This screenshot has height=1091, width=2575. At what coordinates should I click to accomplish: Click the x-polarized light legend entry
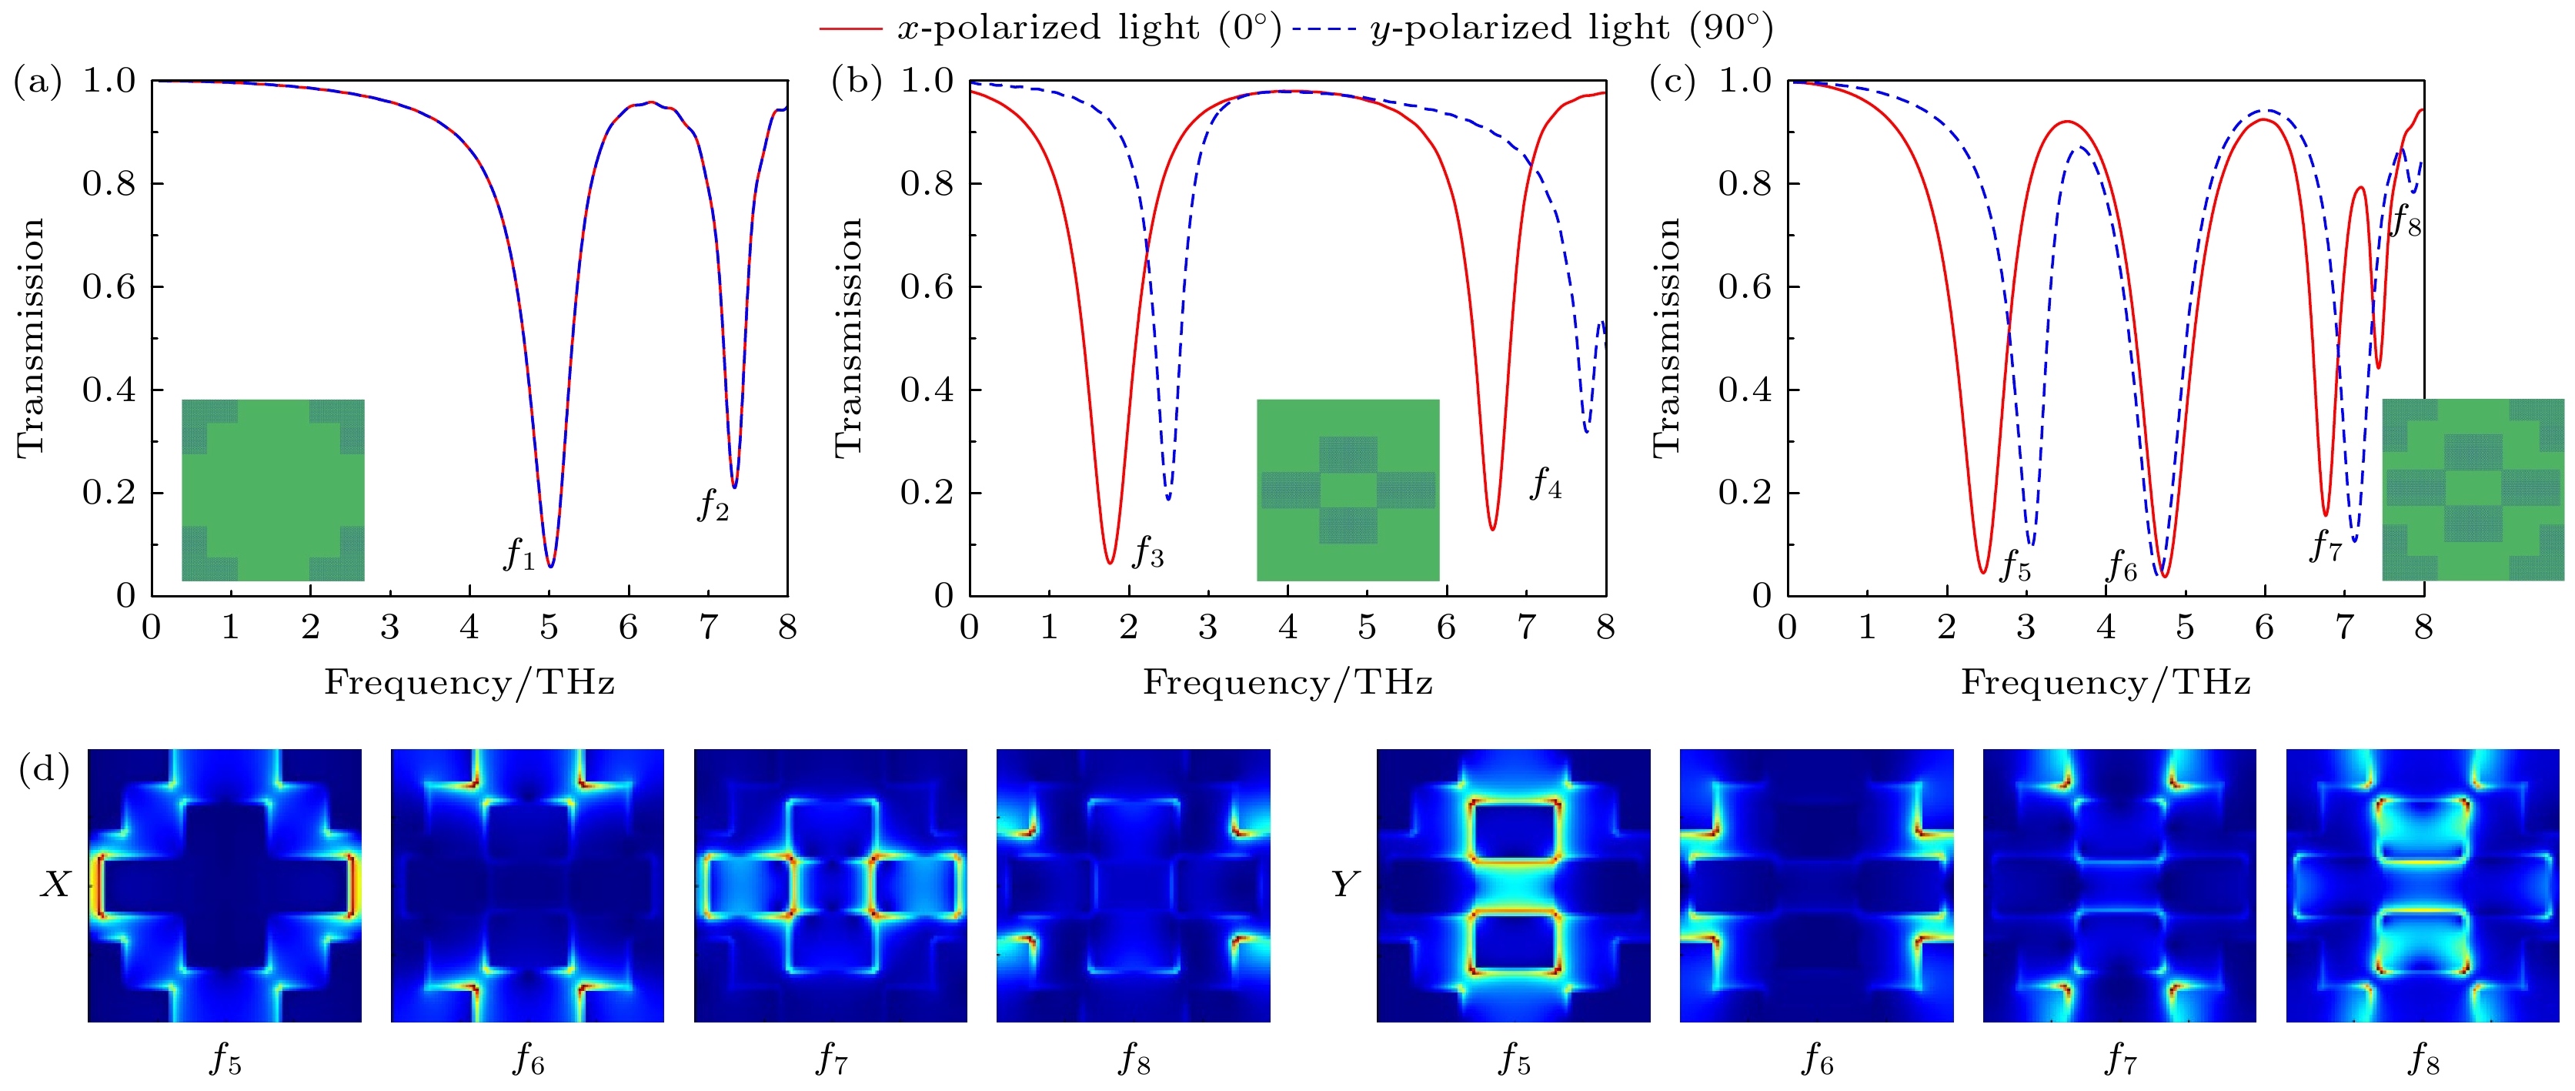(x=1050, y=28)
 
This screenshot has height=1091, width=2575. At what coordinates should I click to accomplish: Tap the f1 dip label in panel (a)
(x=519, y=553)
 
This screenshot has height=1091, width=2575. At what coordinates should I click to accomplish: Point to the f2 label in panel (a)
(x=713, y=504)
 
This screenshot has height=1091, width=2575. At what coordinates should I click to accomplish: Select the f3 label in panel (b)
(x=1147, y=551)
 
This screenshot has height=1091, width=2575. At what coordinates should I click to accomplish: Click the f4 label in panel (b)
(x=1545, y=484)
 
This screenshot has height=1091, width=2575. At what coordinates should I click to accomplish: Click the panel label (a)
(x=38, y=81)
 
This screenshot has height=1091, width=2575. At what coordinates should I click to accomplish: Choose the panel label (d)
(x=44, y=771)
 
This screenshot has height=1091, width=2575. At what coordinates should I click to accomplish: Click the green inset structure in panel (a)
(x=273, y=490)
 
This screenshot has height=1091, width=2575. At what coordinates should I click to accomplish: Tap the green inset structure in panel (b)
(x=1348, y=490)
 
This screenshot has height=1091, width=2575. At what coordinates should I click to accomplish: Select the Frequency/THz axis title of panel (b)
(x=1287, y=683)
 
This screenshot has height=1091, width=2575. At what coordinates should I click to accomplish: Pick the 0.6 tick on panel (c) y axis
(x=1745, y=287)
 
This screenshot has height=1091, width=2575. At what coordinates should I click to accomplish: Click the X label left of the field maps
(x=55, y=884)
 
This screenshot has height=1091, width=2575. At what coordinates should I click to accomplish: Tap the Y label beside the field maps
(x=1344, y=884)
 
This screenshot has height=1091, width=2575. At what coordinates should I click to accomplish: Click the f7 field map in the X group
(x=830, y=885)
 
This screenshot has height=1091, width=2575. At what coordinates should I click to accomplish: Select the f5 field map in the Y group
(x=1514, y=885)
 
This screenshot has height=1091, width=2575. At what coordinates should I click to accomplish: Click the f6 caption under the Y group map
(x=1816, y=1058)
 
